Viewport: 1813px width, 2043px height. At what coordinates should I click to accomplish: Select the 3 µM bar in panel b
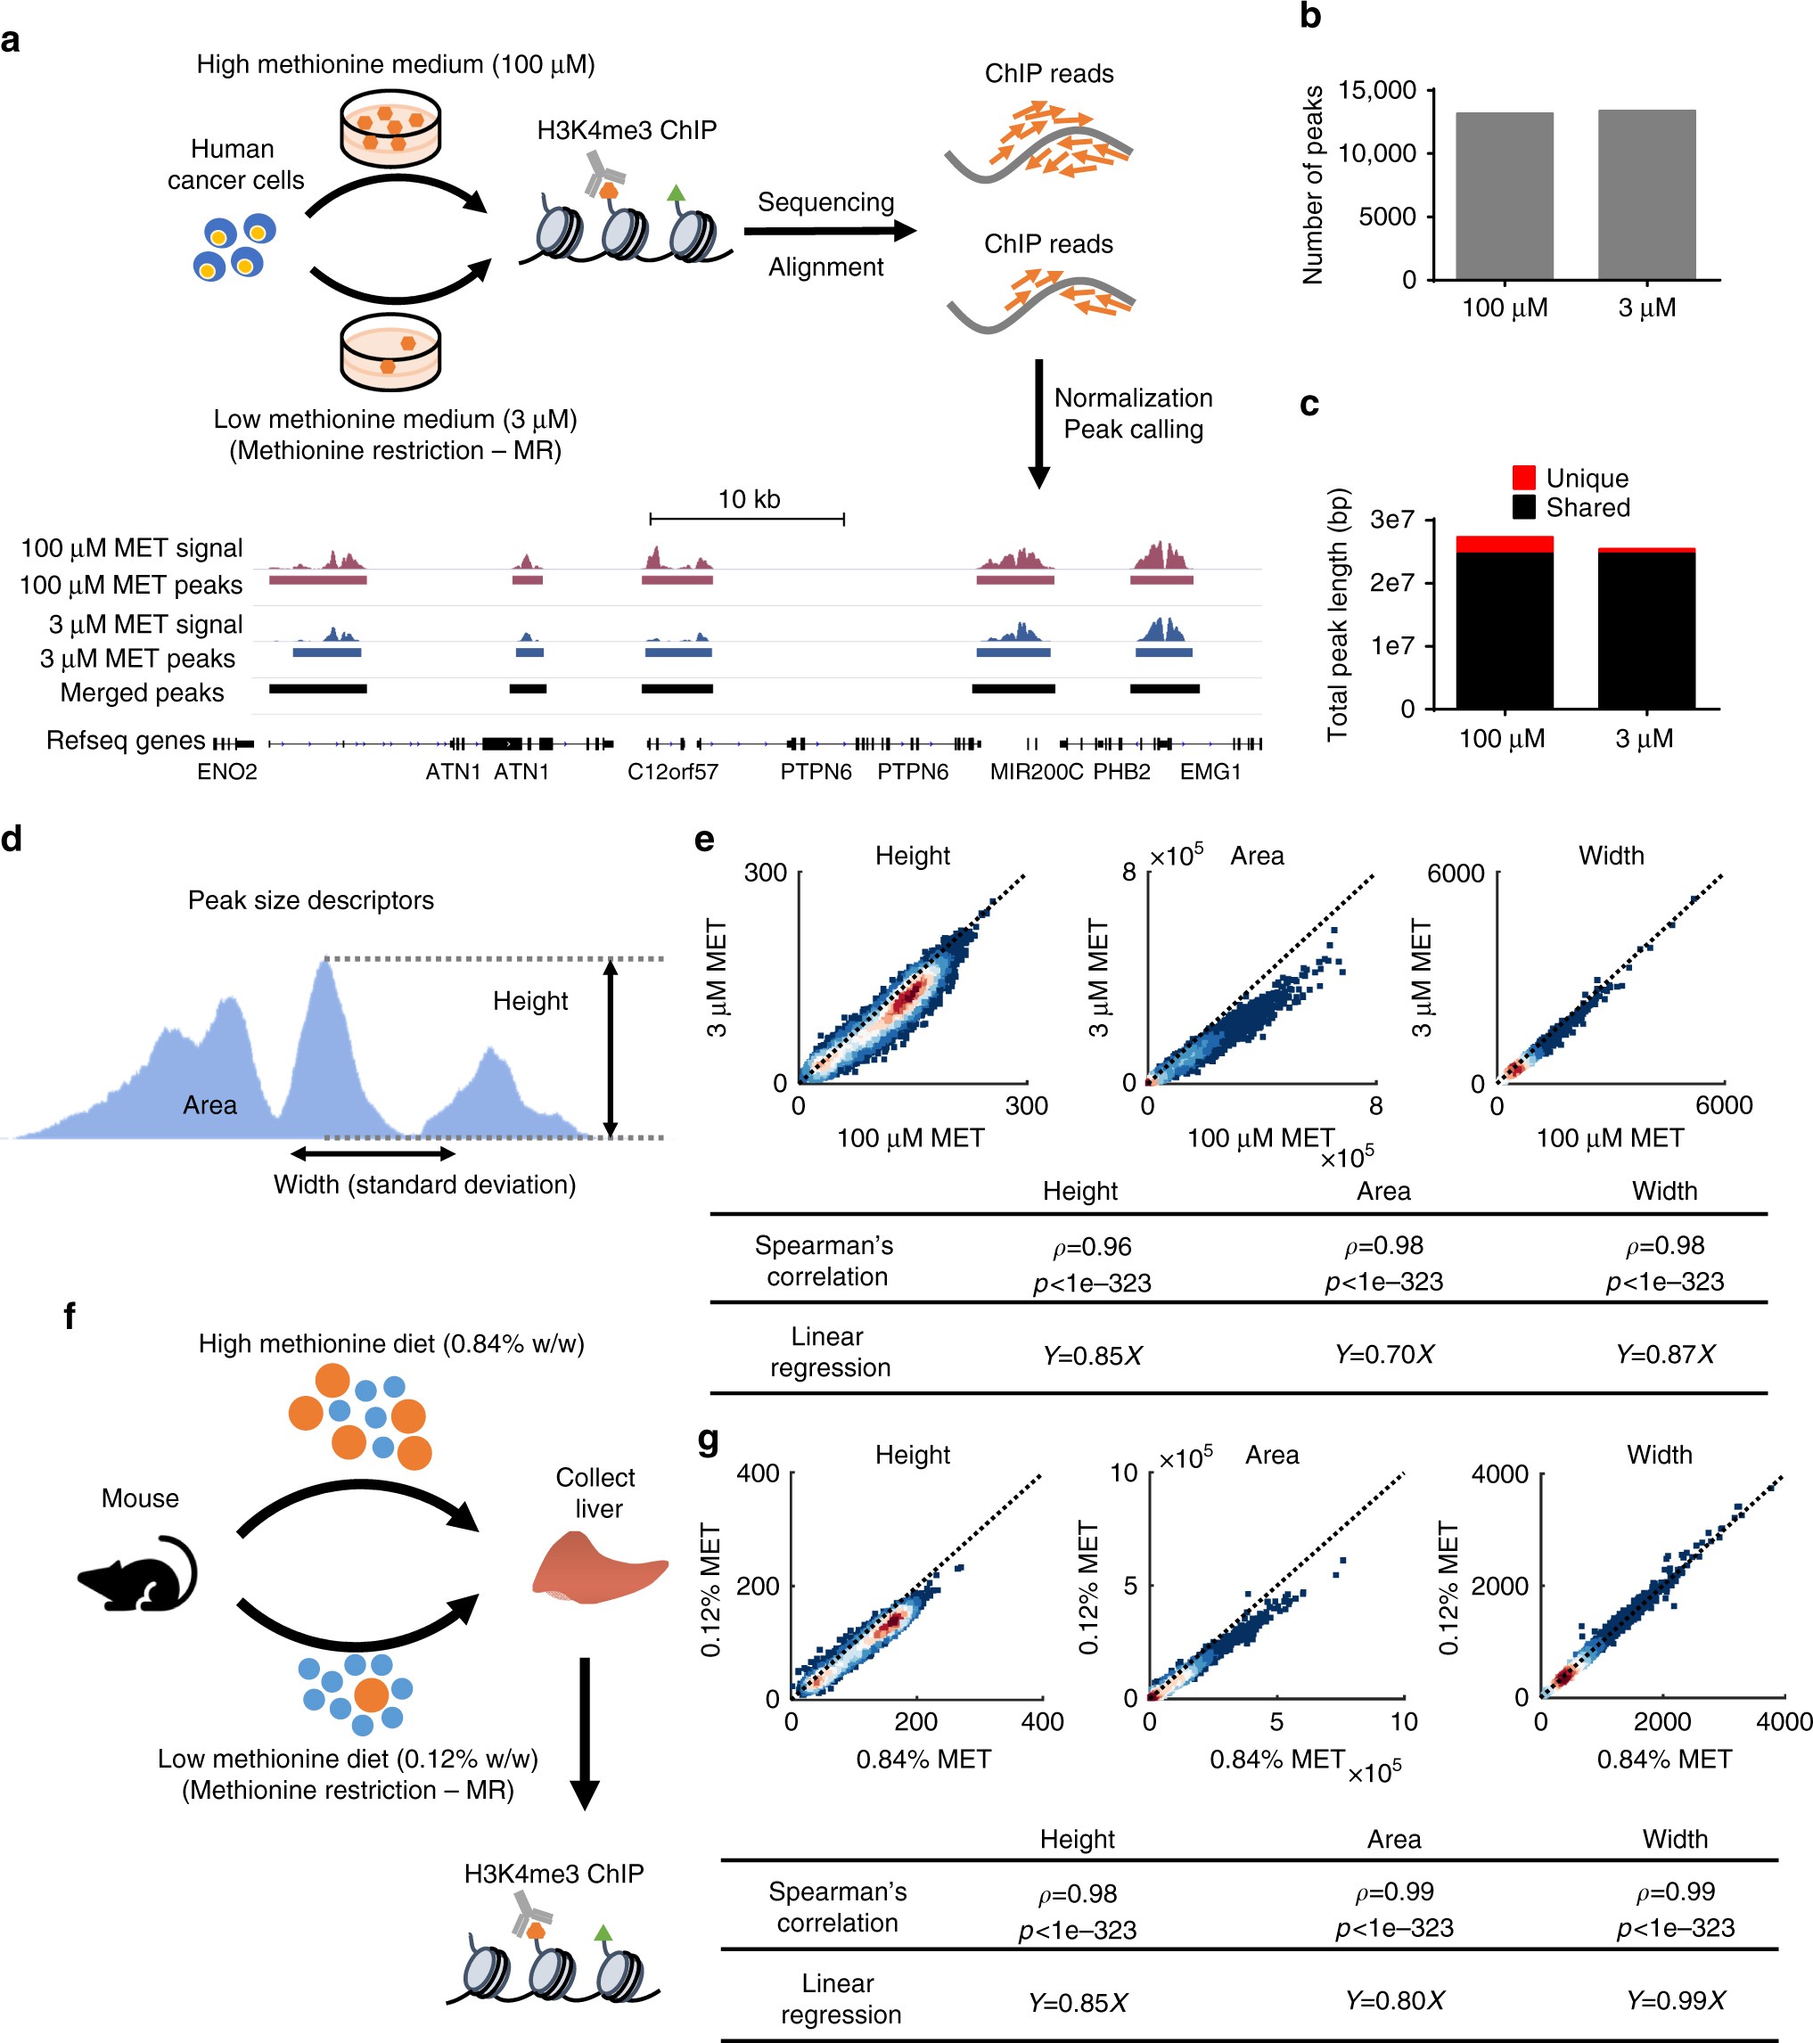[1646, 195]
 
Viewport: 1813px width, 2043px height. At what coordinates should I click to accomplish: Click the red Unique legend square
[1523, 477]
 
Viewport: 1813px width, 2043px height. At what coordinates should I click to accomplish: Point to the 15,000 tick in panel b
[1377, 91]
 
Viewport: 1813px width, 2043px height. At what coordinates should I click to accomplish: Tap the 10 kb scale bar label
[749, 500]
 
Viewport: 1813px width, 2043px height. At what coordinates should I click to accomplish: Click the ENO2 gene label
[227, 772]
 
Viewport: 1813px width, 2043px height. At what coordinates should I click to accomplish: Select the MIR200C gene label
[1036, 772]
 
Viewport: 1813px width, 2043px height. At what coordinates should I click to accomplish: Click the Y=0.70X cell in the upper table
[1383, 1354]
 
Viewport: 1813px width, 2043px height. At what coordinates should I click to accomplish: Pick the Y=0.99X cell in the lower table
[1675, 2000]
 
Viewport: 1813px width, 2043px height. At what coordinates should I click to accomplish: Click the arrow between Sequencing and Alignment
[830, 232]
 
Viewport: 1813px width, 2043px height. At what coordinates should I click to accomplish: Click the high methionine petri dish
[390, 128]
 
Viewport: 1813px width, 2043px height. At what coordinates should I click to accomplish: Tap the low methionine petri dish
[390, 353]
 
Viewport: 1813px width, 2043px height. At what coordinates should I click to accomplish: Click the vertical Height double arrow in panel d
[611, 1047]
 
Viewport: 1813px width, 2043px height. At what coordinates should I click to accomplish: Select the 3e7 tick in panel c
[1392, 520]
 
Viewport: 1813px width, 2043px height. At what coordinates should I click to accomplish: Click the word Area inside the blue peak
[209, 1104]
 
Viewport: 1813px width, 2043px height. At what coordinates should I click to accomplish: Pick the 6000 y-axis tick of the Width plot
[1456, 874]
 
